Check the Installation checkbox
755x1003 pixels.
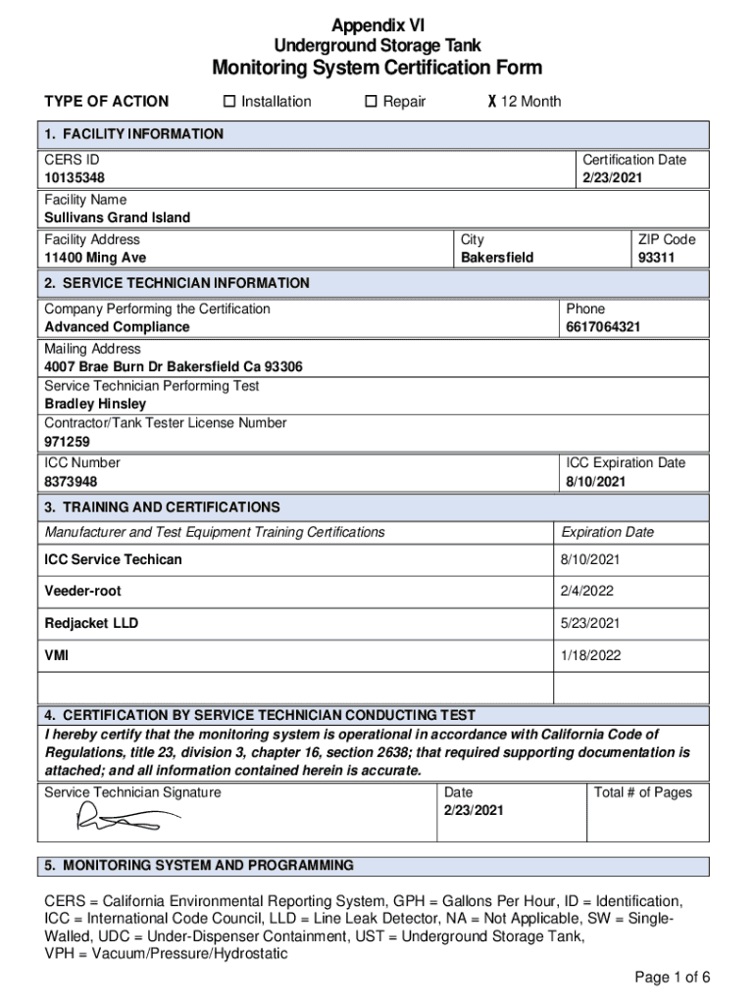(x=229, y=102)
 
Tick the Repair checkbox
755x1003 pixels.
(x=372, y=102)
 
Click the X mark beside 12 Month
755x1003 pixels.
(x=491, y=102)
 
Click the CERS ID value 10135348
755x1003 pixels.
(x=75, y=178)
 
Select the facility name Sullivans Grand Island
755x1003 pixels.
(x=118, y=217)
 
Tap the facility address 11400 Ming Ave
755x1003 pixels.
(x=95, y=258)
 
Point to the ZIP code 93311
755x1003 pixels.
(x=658, y=258)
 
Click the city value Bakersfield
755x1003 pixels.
(x=497, y=258)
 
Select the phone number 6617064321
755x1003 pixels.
(x=603, y=327)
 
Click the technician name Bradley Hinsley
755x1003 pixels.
(x=95, y=404)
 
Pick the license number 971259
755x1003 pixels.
(x=68, y=442)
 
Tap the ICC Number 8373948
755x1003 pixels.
(x=71, y=482)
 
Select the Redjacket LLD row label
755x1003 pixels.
(x=91, y=623)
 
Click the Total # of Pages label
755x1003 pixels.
(x=642, y=792)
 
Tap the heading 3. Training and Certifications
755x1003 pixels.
(x=162, y=507)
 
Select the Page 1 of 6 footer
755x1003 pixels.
(x=672, y=978)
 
